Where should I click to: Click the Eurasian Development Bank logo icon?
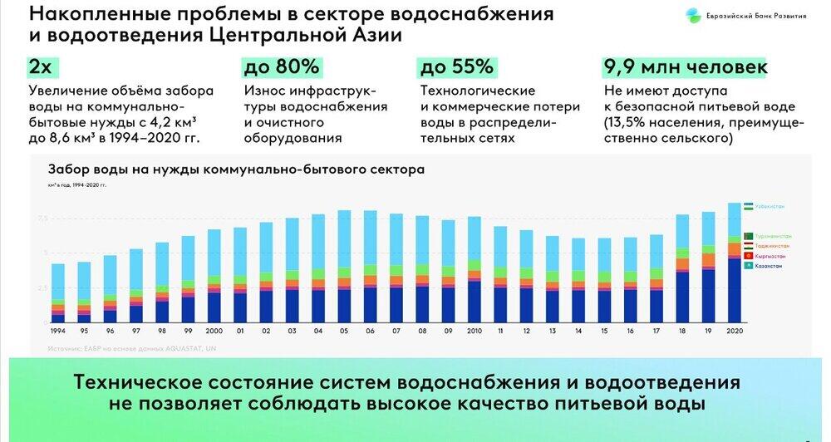(x=692, y=15)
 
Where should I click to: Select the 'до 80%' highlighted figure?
(x=280, y=67)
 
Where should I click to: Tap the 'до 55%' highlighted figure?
(x=457, y=67)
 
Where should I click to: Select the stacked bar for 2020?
(x=734, y=263)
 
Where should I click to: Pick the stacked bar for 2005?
(x=344, y=266)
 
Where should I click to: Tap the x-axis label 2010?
(x=474, y=331)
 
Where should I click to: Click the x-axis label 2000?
(x=214, y=331)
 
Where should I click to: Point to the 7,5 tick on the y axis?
(x=42, y=219)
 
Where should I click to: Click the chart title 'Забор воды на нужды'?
(x=237, y=169)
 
